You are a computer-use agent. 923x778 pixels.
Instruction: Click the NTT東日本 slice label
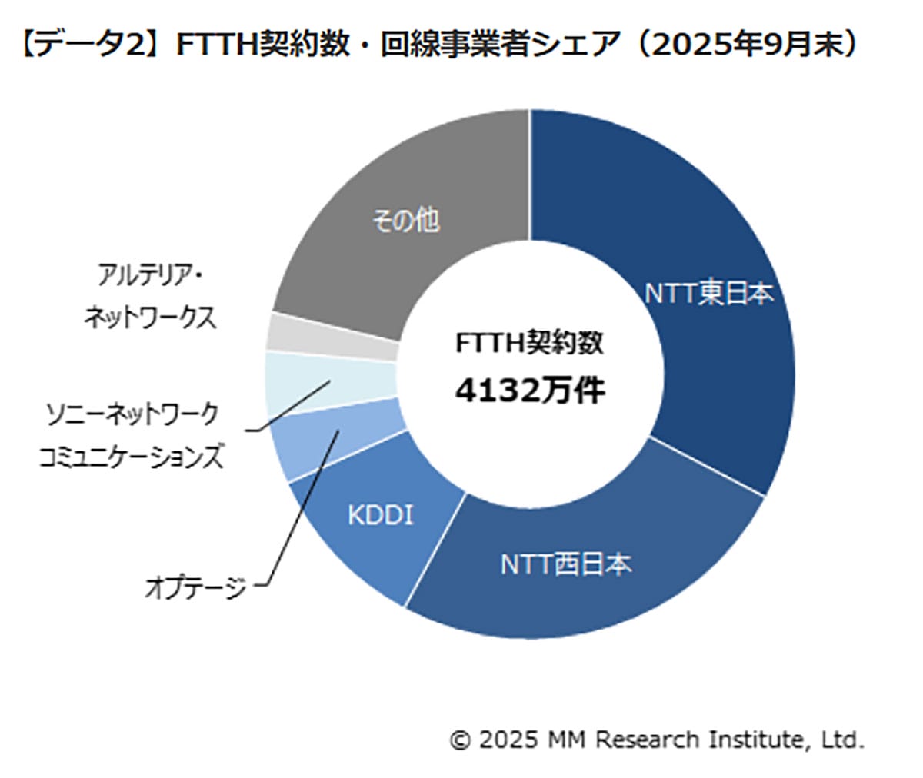(x=708, y=294)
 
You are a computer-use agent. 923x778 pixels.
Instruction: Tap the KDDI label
(x=380, y=514)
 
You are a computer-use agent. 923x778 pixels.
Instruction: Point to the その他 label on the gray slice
(x=405, y=221)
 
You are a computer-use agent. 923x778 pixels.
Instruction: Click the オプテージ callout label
(x=196, y=589)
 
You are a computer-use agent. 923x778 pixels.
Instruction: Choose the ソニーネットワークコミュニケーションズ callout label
(x=132, y=435)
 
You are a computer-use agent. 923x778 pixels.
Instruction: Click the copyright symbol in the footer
(x=459, y=740)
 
